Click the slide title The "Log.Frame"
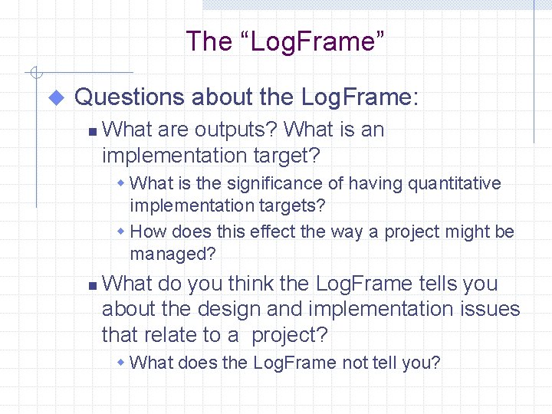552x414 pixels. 285,41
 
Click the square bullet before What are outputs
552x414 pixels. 91,132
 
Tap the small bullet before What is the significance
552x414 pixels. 121,184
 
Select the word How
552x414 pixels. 147,232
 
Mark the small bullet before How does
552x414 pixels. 121,232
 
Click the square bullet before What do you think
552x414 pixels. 91,285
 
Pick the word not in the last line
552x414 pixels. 355,363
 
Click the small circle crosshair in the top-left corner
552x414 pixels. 34,74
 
